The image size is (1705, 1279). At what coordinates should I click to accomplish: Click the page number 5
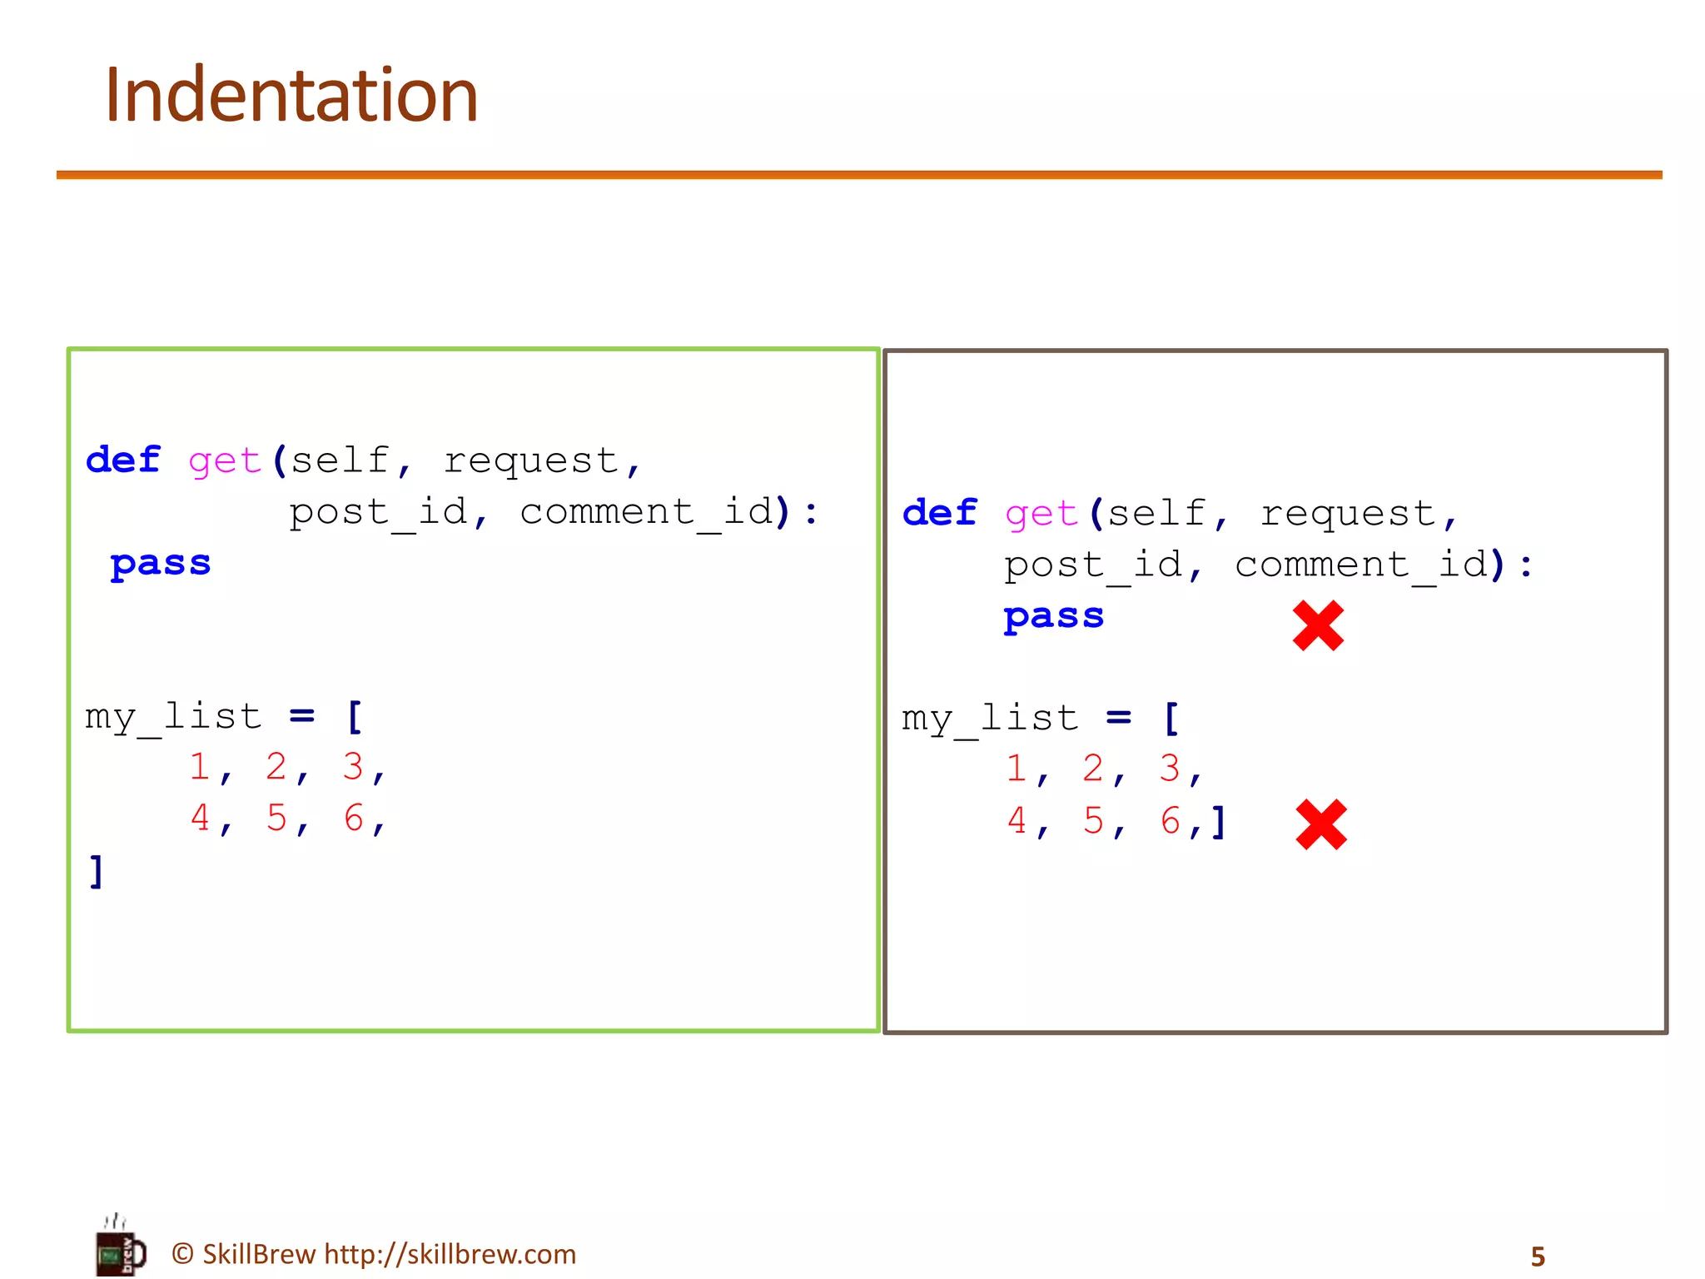[1538, 1257]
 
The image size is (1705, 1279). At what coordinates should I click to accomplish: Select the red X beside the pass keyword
[1318, 625]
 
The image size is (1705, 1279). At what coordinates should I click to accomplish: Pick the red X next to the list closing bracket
[1321, 824]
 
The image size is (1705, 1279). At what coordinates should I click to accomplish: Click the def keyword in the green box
[123, 460]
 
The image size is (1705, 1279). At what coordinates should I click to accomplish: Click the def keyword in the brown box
[940, 512]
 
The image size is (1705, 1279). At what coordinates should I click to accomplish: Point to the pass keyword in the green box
[161, 564]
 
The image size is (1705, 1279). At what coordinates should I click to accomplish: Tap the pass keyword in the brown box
[1054, 616]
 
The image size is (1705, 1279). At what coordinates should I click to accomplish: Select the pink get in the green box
[225, 461]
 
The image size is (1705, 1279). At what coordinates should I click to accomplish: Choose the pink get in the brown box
[1041, 514]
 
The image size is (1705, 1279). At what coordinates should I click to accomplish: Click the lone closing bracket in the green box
[97, 871]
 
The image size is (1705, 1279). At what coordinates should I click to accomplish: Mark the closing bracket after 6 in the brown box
[1218, 822]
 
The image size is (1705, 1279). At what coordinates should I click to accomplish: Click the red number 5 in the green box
[276, 818]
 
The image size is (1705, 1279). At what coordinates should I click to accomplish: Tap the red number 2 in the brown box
[1093, 768]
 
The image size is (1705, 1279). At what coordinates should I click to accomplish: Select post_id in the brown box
[1092, 565]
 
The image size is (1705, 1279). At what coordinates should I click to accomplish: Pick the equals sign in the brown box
[1118, 717]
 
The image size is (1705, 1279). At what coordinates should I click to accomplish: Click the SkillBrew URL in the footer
[450, 1254]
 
